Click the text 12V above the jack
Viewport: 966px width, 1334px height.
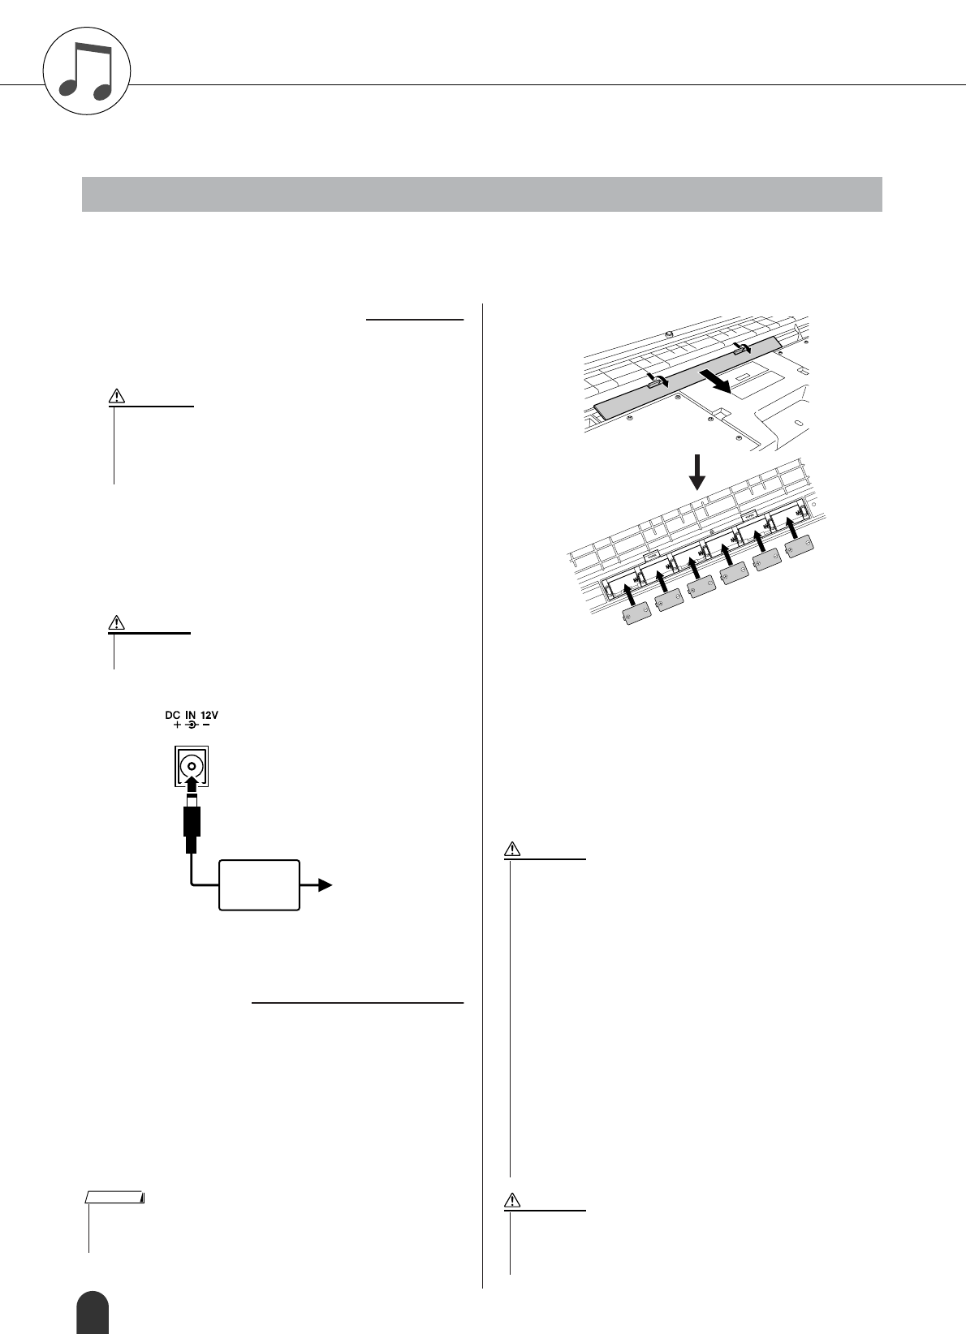210,715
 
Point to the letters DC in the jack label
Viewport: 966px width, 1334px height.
171,715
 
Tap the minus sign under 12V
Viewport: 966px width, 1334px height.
205,725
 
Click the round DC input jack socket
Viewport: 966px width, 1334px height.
192,766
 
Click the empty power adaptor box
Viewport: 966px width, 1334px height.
259,885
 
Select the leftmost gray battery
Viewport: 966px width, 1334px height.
633,617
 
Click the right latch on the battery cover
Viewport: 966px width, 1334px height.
741,346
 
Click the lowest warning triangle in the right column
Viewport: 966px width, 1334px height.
512,1199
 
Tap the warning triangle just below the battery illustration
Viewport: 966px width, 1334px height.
512,850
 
